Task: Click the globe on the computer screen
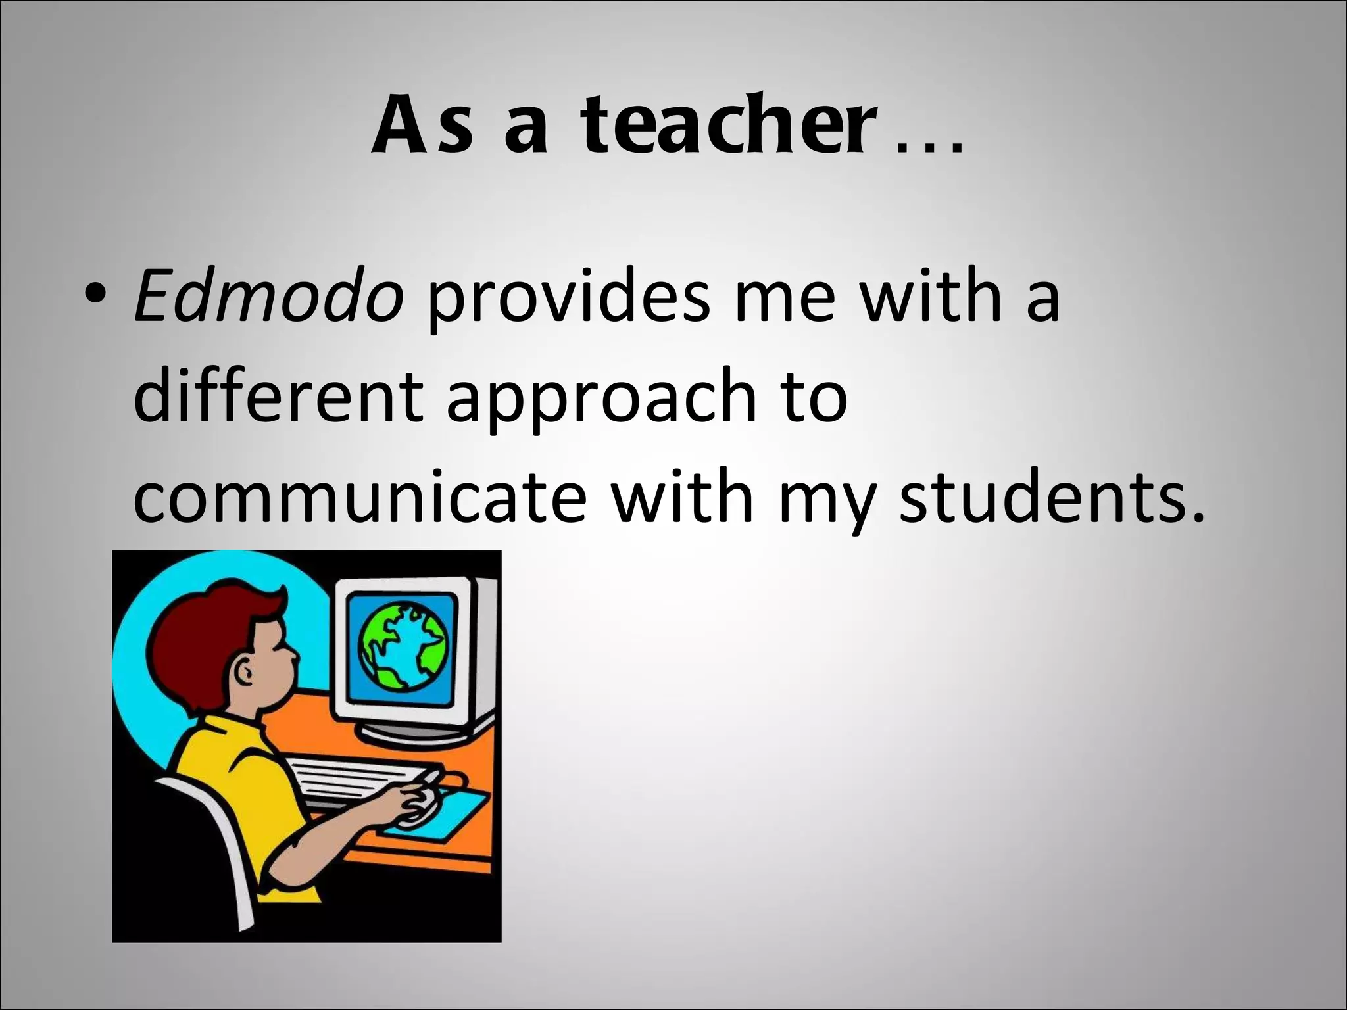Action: pyautogui.click(x=403, y=648)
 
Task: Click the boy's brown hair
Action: pyautogui.click(x=197, y=631)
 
